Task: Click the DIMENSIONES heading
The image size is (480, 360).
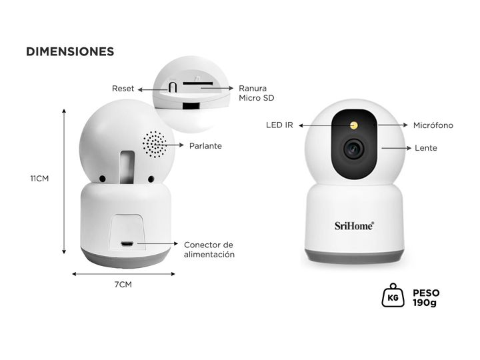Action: (70, 51)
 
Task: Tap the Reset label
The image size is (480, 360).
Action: (123, 88)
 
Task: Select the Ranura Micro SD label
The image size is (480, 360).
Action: (257, 93)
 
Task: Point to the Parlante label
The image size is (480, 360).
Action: (205, 145)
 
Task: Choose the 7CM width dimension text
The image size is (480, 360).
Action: (123, 285)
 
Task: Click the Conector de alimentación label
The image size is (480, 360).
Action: (209, 249)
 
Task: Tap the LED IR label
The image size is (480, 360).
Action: (280, 125)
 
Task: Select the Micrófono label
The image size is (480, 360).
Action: (433, 125)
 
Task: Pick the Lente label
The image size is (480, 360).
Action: (426, 147)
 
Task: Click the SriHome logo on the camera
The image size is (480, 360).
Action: (354, 225)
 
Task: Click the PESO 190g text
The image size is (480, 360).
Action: (425, 297)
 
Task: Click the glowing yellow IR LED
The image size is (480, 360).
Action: (354, 125)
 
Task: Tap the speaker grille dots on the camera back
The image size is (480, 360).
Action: (154, 143)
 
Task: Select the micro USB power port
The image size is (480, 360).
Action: (127, 244)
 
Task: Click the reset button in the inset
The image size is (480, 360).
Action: (172, 87)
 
